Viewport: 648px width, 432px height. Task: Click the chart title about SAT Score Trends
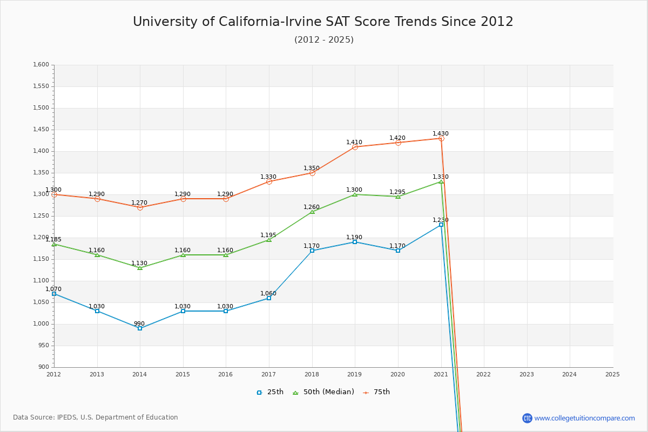[323, 22]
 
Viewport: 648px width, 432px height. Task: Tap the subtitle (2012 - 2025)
[324, 40]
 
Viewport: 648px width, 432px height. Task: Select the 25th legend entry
[270, 392]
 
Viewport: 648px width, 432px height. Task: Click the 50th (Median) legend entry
[323, 392]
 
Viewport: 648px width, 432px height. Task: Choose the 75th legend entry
[376, 392]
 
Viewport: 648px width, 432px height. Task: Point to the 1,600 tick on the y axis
[41, 65]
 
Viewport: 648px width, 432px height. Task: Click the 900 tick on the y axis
[43, 367]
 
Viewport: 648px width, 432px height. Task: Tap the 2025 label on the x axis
[612, 374]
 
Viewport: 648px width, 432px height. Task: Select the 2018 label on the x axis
[312, 374]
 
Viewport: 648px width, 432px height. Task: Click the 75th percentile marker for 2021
[441, 138]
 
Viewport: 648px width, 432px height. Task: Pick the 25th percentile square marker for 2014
[140, 328]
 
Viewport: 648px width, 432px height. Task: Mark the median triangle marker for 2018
[312, 212]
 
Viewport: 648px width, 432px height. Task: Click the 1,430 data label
[441, 134]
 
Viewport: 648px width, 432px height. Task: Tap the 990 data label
[139, 324]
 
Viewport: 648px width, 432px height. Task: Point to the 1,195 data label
[268, 235]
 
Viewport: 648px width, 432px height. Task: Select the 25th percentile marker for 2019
[355, 242]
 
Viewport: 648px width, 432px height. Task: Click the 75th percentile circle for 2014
[140, 207]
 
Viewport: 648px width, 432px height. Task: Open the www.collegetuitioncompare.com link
[584, 418]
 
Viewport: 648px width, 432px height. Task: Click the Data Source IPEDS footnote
[96, 417]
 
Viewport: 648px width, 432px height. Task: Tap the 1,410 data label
[354, 143]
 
